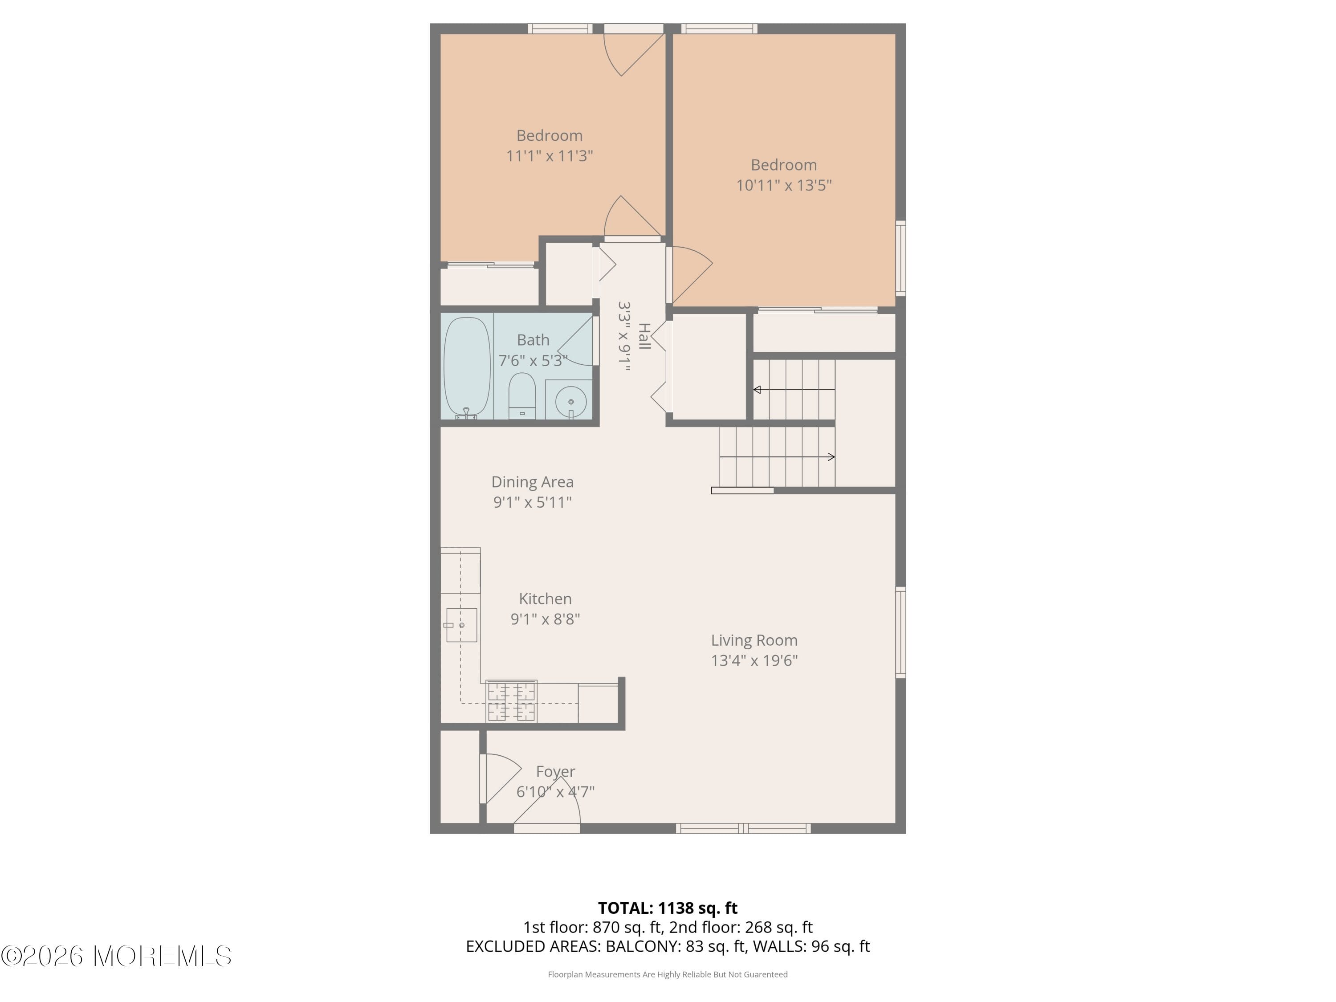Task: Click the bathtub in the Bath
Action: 466,366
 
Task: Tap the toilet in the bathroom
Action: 522,395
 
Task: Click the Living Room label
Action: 754,640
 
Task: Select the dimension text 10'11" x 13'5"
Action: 783,185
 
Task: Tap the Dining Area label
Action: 532,482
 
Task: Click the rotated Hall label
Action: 644,336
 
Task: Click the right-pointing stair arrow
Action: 831,457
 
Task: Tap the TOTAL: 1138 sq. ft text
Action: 668,908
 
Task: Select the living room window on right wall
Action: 900,632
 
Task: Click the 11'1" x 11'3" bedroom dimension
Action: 549,156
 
